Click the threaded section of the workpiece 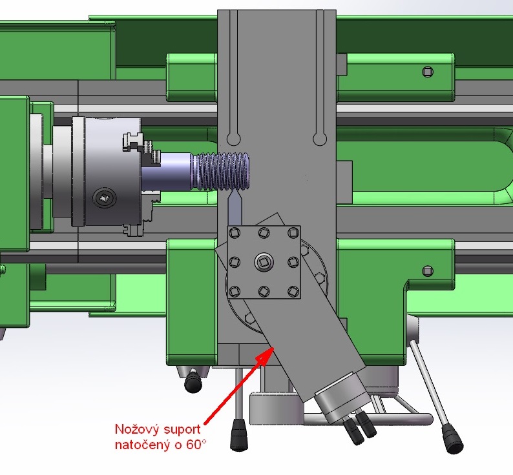[x=222, y=171]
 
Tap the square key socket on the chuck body [x=104, y=197]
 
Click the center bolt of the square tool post [x=264, y=262]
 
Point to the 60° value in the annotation [x=197, y=444]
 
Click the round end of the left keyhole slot [x=234, y=139]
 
